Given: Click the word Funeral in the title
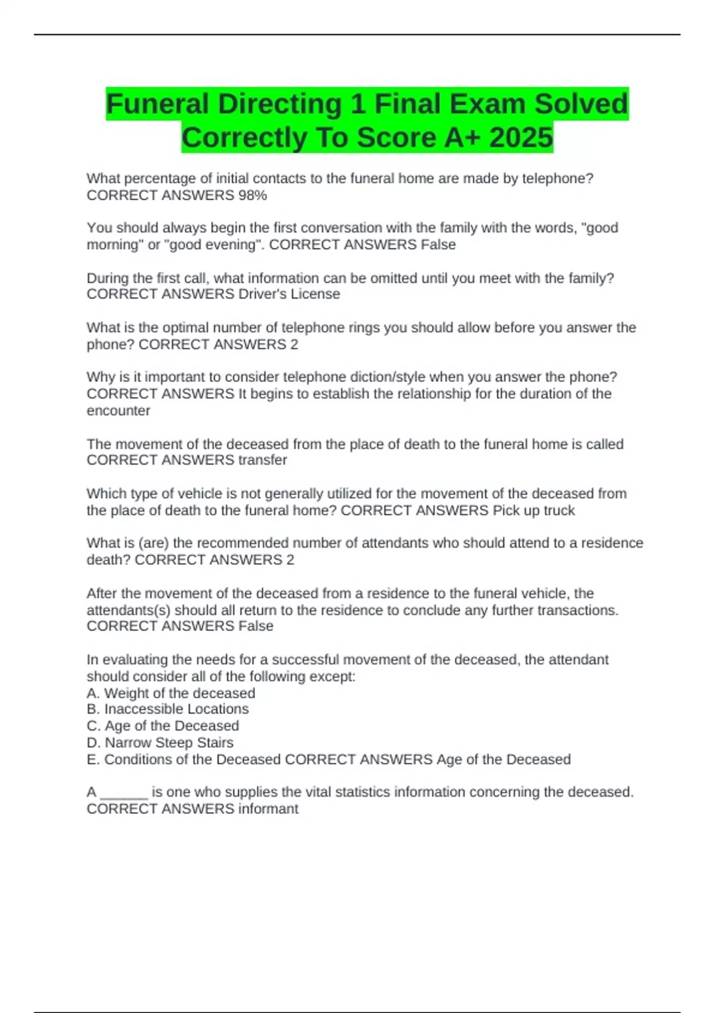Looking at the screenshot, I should pyautogui.click(x=157, y=104).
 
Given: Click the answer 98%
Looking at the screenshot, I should pyautogui.click(x=253, y=195).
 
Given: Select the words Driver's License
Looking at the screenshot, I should pyautogui.click(x=289, y=294).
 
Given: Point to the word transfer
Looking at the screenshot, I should pyautogui.click(x=263, y=460).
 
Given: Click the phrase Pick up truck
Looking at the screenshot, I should pyautogui.click(x=533, y=511).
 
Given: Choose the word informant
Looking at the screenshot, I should pyautogui.click(x=268, y=809).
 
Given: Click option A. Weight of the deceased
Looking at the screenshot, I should pyautogui.click(x=171, y=694).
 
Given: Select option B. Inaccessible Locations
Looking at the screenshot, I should pyautogui.click(x=167, y=709).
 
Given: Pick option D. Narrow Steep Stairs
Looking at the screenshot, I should pyautogui.click(x=160, y=743).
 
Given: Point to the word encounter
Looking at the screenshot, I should pyautogui.click(x=118, y=411).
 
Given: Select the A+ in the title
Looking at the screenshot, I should pyautogui.click(x=462, y=138).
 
